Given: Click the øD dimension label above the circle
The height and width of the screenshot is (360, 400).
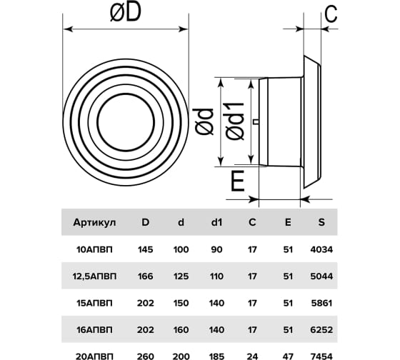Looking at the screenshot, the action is point(125,12).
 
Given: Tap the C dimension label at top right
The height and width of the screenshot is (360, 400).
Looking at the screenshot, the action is point(331,14).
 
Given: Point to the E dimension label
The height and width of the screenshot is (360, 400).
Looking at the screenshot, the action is point(238,181).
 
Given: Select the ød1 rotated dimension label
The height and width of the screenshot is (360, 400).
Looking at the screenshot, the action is point(235,121).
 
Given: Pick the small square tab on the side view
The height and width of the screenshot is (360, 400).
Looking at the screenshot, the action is point(256,122).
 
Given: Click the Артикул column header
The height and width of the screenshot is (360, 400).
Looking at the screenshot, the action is point(94,222).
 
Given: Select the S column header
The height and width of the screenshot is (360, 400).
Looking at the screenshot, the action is point(321,222).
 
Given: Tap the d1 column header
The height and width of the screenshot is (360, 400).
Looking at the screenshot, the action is point(216,222).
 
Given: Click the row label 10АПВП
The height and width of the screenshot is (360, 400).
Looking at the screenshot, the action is point(94,249).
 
